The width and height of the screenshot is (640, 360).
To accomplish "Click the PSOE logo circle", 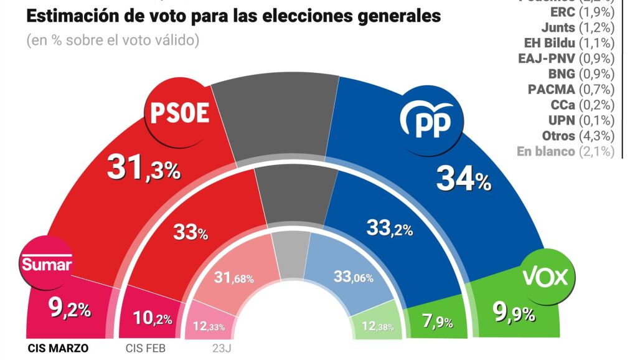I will (177, 113).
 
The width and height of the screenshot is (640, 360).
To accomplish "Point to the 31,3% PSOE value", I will (143, 168).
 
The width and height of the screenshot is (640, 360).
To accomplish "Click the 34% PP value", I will (464, 179).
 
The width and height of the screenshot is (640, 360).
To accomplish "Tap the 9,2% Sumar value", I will (70, 307).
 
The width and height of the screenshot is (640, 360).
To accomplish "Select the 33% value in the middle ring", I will (190, 233).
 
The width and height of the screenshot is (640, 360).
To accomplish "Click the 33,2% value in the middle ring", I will (390, 229).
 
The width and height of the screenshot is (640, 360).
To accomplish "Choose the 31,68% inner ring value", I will (233, 278).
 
